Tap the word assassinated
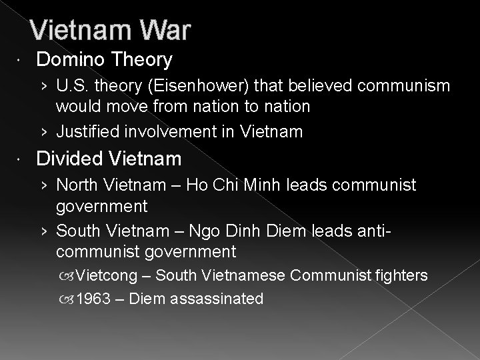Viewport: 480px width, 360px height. tap(217, 299)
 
